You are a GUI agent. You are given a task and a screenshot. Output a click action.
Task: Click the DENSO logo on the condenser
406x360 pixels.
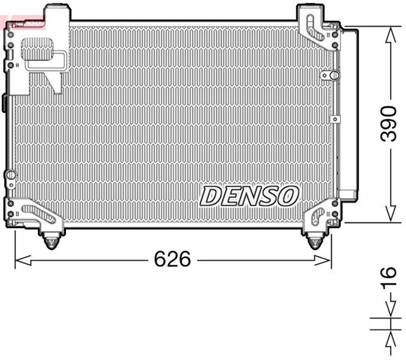point(249,196)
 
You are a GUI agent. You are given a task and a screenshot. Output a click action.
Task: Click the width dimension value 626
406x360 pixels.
point(172,259)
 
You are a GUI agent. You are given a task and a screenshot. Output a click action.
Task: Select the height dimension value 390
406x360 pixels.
point(388,124)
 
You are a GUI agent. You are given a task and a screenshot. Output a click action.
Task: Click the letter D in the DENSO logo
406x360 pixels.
point(212,196)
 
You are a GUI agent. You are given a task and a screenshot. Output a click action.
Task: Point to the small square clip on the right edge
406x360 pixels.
point(335,118)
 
